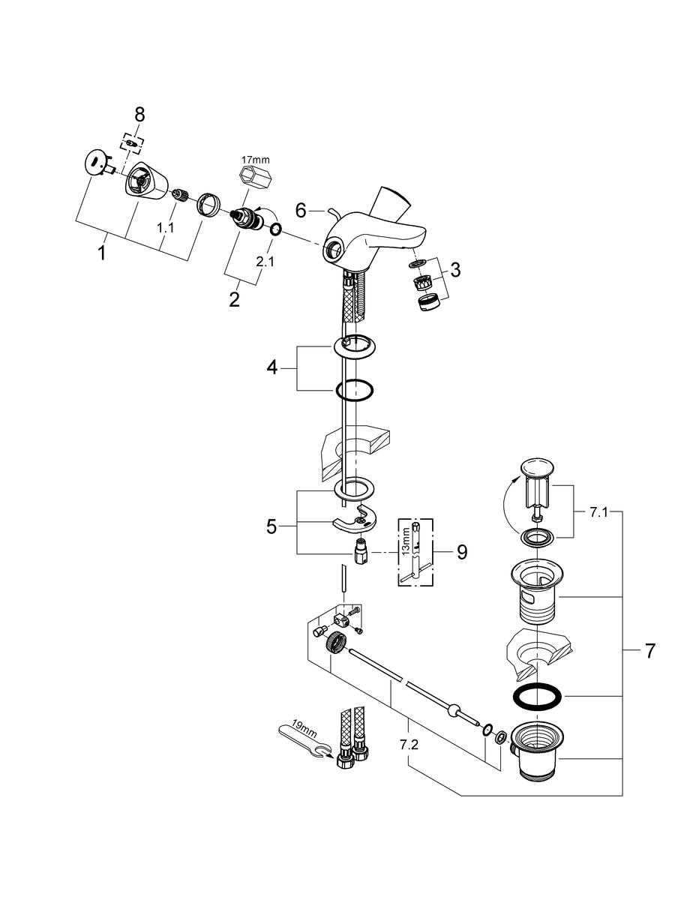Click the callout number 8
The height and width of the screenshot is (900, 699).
point(139,114)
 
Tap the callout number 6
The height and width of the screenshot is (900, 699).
point(301,211)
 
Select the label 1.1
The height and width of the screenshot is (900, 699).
point(166,227)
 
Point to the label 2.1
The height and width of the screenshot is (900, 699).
point(264,262)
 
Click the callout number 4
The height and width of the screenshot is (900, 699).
point(272,367)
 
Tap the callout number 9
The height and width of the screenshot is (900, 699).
point(461,552)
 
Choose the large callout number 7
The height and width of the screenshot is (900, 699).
point(649,651)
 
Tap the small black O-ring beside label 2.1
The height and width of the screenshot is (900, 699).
point(275,229)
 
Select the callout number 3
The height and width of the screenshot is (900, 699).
point(456,270)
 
